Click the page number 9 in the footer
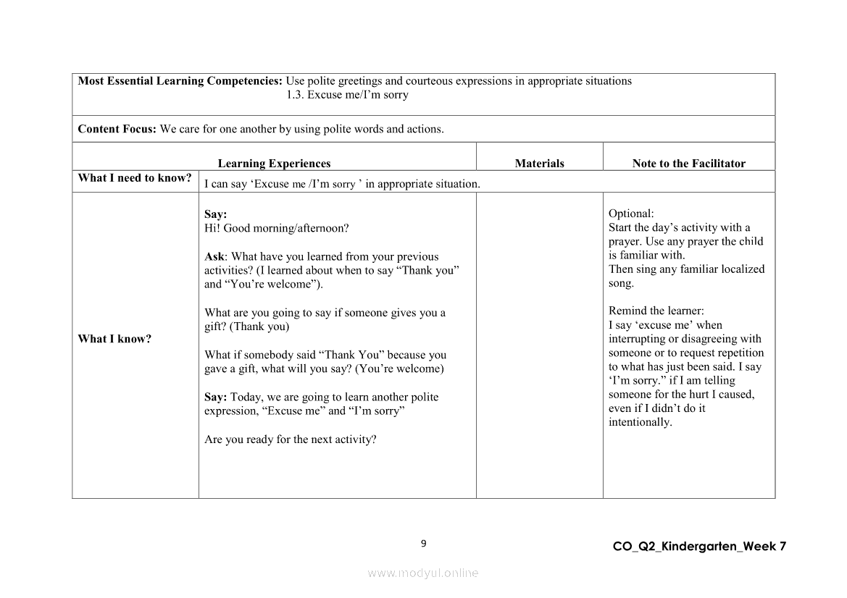[423, 544]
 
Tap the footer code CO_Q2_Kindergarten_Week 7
[698, 547]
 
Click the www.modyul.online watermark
[423, 573]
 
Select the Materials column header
[539, 164]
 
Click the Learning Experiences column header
[274, 164]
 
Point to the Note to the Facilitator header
[688, 164]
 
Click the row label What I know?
[114, 339]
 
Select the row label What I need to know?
[135, 178]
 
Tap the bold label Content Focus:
[117, 129]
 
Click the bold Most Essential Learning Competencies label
[180, 81]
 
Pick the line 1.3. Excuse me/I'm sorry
[347, 95]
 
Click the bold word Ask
[214, 256]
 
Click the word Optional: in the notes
[631, 214]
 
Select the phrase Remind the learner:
[656, 311]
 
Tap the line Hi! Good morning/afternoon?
[276, 228]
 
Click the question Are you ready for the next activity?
[290, 439]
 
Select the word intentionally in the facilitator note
[639, 422]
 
